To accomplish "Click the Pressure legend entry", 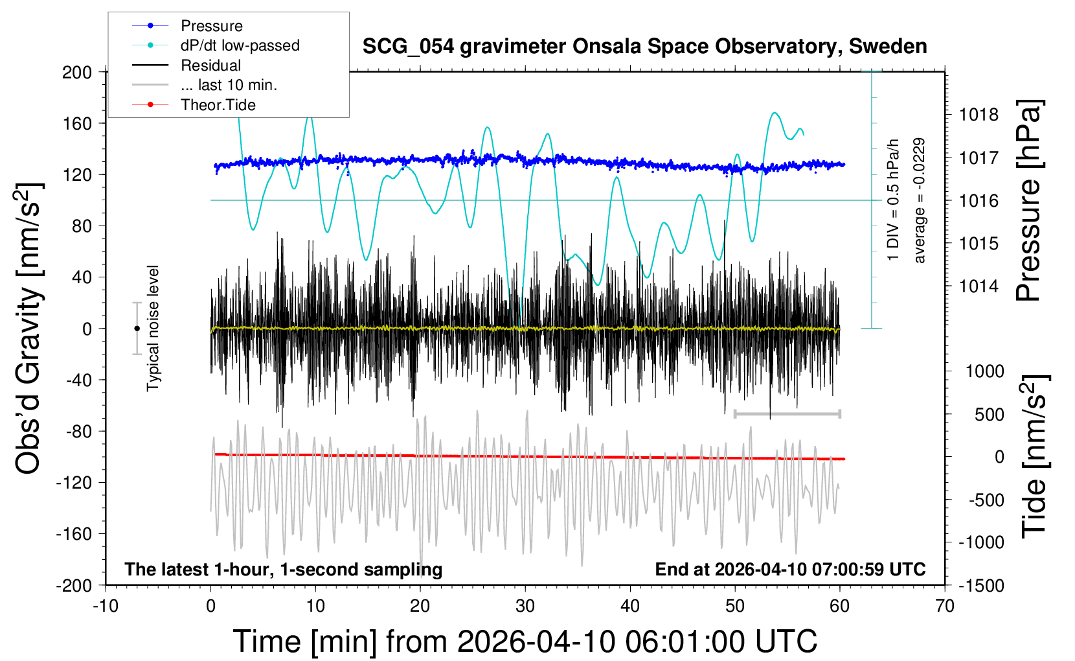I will click(211, 26).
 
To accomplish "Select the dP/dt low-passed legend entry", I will click(240, 45).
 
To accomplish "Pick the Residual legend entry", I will click(210, 65).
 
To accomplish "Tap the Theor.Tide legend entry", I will click(218, 105).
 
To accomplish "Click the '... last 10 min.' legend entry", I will click(229, 85).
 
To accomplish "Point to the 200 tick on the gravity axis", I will click(77, 72).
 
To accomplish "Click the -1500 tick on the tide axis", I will click(982, 586).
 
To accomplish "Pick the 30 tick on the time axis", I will click(525, 607).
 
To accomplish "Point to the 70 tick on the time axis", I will click(945, 607).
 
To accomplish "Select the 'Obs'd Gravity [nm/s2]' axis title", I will click(30, 329).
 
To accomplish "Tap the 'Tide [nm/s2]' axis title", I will click(1034, 457).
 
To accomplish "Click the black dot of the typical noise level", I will click(137, 329).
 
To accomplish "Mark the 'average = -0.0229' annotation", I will click(920, 201).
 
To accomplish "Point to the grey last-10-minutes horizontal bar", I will click(787, 413).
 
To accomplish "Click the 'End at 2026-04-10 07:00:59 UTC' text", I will click(790, 570).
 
